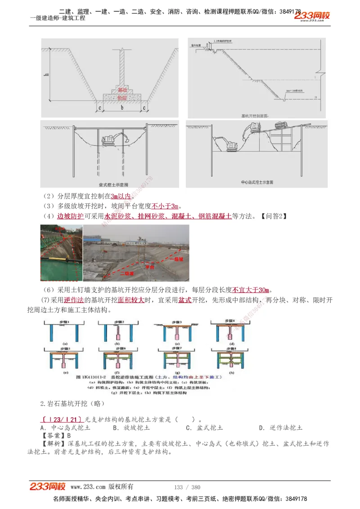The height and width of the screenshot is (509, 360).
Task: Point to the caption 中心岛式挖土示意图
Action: click(257, 183)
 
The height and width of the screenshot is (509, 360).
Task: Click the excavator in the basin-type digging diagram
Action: click(116, 139)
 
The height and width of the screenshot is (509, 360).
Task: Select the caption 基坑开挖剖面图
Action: click(254, 116)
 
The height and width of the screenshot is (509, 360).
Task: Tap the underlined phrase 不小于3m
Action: click(165, 206)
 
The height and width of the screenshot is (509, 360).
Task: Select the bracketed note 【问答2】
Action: click(273, 216)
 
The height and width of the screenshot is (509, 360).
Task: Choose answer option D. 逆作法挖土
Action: click(281, 428)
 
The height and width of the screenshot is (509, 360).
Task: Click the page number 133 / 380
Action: click(187, 487)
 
